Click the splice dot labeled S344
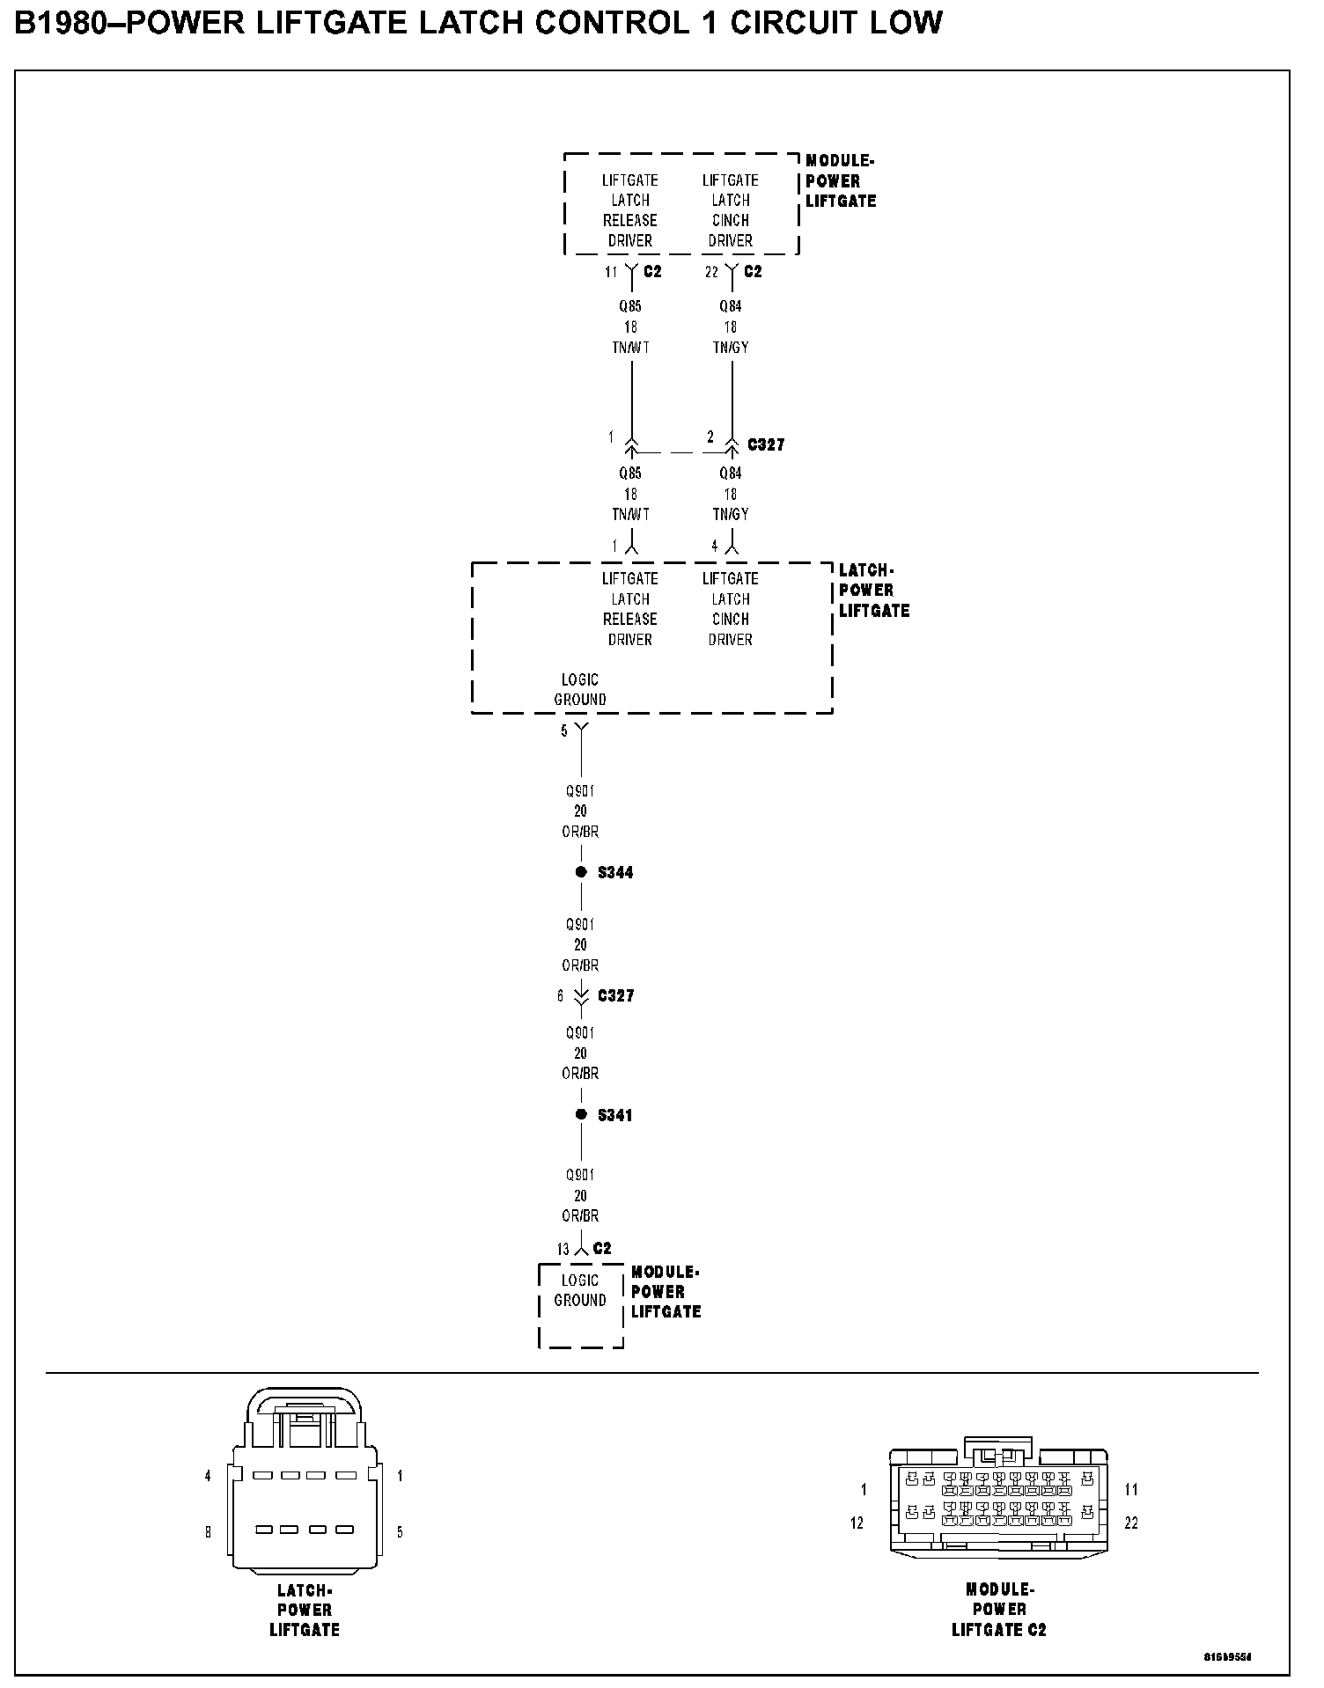click(x=581, y=872)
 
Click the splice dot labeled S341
click(x=581, y=1114)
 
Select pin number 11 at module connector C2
click(x=611, y=272)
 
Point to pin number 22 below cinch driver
click(x=711, y=272)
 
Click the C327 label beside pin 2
click(x=766, y=444)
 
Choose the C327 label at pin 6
click(x=615, y=995)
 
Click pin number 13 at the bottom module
click(x=563, y=1249)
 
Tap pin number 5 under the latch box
click(x=564, y=730)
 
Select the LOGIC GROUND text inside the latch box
click(x=580, y=690)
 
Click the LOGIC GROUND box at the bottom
click(x=581, y=1305)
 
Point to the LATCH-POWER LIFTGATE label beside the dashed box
click(x=873, y=591)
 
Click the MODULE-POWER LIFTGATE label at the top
click(x=841, y=181)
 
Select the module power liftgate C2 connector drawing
click(x=998, y=1503)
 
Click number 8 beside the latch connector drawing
click(x=209, y=1532)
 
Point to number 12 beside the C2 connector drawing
click(x=857, y=1523)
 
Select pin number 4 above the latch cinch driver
click(x=715, y=547)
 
